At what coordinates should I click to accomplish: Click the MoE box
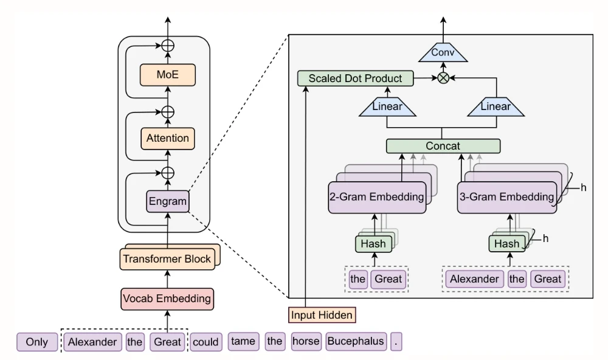[x=167, y=75]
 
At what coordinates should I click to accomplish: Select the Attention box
[x=167, y=138]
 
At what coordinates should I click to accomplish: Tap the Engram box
[x=167, y=201]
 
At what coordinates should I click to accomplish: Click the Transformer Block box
[x=167, y=259]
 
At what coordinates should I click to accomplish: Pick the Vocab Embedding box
[x=167, y=299]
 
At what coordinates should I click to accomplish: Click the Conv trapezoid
[x=443, y=53]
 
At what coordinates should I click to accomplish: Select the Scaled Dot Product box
[x=355, y=78]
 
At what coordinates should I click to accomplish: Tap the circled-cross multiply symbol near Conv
[x=443, y=78]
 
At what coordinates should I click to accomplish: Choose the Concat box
[x=443, y=146]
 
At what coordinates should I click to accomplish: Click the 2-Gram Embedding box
[x=376, y=196]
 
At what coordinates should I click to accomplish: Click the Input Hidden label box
[x=321, y=315]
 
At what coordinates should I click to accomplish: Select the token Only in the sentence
[x=36, y=342]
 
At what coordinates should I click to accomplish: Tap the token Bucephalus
[x=356, y=341]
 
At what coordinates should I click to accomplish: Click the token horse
[x=305, y=341]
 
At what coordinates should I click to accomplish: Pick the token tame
[x=243, y=341]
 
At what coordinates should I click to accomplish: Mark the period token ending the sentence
[x=397, y=342]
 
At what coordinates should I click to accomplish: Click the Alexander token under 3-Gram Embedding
[x=474, y=279]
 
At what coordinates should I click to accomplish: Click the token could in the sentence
[x=206, y=342]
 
